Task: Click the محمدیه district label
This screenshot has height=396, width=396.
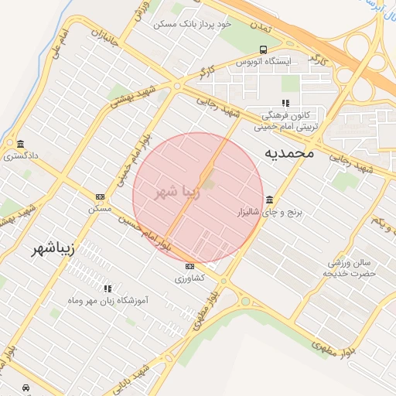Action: (289, 152)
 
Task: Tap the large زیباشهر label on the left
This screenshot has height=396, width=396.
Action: (52, 249)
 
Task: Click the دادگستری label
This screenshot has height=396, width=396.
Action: (21, 155)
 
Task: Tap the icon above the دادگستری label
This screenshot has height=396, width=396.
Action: (20, 143)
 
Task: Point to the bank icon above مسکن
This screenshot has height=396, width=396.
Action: (100, 196)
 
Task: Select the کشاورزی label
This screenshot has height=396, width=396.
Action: (189, 278)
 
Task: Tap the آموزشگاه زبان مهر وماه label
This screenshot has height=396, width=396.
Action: (109, 299)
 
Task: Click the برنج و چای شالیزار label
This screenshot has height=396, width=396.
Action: (266, 211)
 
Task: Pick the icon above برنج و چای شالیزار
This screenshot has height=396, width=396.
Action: (268, 200)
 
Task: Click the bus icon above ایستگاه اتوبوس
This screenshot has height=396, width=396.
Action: (264, 49)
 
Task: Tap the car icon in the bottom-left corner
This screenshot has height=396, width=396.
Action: (26, 387)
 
